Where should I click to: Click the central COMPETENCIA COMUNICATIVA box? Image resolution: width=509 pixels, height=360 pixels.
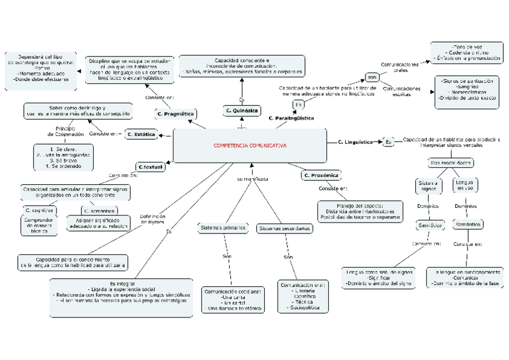tap(250, 146)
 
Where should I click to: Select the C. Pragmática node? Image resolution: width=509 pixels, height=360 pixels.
tap(175, 113)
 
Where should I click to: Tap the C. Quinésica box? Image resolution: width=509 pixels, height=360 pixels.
tap(242, 111)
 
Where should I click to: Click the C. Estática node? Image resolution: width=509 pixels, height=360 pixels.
tap(142, 135)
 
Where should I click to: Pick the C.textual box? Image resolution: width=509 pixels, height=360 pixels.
tap(150, 167)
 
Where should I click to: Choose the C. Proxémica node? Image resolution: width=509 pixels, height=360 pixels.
tap(321, 176)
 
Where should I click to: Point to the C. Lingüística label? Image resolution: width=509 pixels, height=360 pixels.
tap(355, 142)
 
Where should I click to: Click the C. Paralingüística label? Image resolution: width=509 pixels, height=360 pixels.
tap(291, 119)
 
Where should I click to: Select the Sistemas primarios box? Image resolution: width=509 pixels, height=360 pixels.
tap(223, 228)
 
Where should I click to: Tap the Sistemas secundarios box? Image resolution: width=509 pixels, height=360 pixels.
tap(285, 229)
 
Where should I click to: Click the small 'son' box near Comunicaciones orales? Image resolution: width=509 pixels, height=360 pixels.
tap(372, 78)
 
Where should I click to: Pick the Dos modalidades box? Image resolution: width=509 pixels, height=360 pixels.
tap(451, 163)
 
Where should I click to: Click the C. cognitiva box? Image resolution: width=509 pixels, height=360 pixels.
tap(39, 211)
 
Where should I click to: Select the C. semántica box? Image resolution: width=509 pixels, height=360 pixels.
tap(100, 211)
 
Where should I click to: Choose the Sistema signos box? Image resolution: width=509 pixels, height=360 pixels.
tap(429, 185)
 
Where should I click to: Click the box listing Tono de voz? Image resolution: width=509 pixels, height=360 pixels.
tap(465, 52)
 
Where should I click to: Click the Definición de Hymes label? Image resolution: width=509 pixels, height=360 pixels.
tap(153, 219)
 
